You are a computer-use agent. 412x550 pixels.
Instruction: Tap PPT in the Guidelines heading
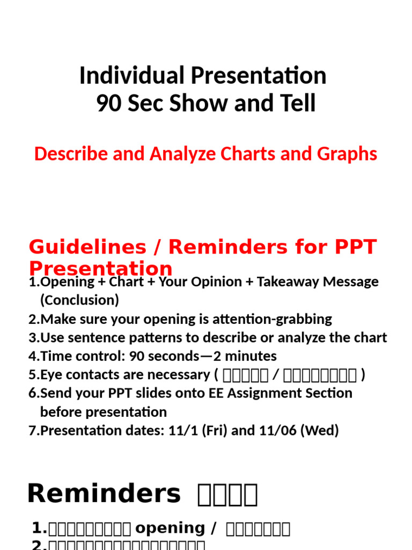pos(357,247)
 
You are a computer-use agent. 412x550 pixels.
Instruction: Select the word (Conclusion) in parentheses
pos(79,300)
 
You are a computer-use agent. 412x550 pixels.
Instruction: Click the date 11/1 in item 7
pos(176,431)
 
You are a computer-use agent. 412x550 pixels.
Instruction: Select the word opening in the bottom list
pos(170,529)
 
